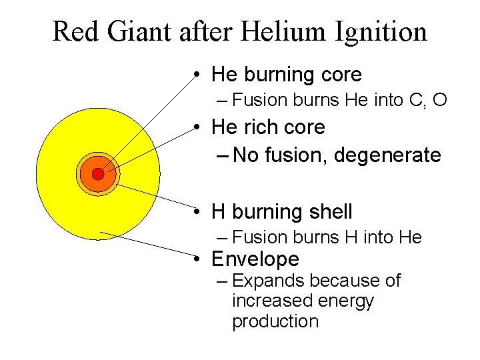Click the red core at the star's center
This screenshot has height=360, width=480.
(x=98, y=174)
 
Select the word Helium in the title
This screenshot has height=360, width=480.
(x=294, y=31)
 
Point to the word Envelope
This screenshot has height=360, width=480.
(x=255, y=259)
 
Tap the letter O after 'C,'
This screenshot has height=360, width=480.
(x=439, y=101)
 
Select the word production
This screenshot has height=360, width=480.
(x=275, y=321)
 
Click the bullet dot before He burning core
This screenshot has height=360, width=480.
(x=199, y=74)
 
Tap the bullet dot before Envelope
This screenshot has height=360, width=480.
(x=199, y=259)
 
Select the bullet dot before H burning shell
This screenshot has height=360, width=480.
(x=199, y=212)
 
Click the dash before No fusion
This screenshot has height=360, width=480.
(x=223, y=155)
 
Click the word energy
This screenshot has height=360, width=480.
(x=345, y=301)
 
